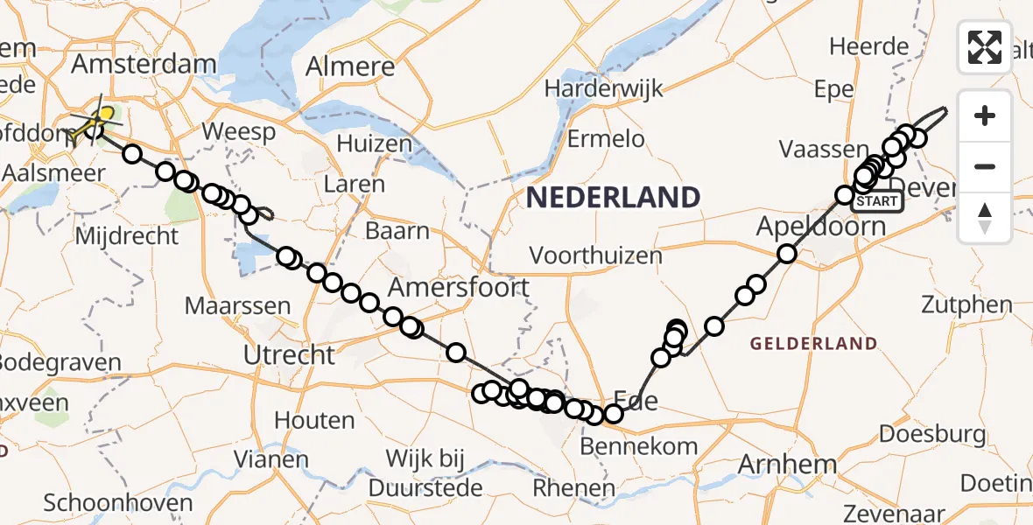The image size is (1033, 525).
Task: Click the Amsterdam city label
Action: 144,64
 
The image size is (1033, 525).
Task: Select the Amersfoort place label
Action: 459,287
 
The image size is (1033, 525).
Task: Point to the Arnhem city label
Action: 788,464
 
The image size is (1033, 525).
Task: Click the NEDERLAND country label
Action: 613,197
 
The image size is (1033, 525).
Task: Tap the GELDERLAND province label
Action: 813,344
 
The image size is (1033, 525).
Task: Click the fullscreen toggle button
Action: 985,46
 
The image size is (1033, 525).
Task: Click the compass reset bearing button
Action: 985,218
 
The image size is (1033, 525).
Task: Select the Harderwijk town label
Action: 604,88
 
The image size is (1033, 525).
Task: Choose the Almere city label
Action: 350,66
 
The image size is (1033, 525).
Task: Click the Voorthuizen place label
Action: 595,255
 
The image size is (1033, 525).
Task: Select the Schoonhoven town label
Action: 117,503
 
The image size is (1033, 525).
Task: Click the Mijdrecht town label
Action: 128,236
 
